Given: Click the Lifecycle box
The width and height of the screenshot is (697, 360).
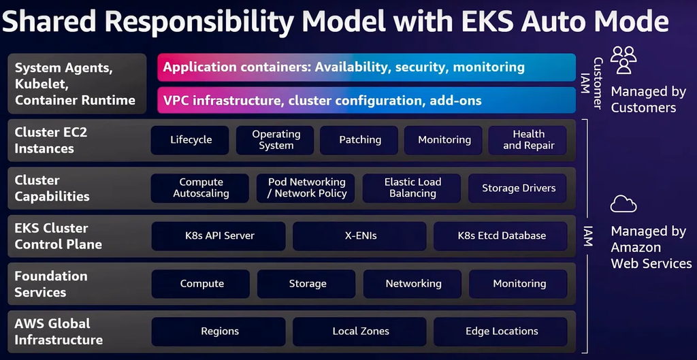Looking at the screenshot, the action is click(x=191, y=140).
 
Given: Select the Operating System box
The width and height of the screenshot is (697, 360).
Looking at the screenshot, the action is click(x=276, y=140).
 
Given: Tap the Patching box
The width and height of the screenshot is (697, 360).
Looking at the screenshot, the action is click(x=360, y=140).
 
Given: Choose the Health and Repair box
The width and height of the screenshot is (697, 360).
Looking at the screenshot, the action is click(x=528, y=140).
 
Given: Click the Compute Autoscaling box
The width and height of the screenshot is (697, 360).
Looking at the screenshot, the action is click(x=201, y=188).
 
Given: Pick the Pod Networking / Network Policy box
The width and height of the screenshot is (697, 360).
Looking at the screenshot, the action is click(x=306, y=188).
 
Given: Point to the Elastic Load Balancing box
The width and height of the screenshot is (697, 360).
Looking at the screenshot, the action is click(x=412, y=188).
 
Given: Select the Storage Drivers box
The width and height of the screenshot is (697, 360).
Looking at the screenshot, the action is click(x=519, y=188).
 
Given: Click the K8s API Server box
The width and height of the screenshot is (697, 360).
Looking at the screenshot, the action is click(x=220, y=236).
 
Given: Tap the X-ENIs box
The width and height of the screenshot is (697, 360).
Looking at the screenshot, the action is click(x=360, y=236).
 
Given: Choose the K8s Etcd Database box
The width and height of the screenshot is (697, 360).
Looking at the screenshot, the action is click(x=501, y=236).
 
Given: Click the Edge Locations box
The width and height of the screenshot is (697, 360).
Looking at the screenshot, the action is click(x=501, y=331).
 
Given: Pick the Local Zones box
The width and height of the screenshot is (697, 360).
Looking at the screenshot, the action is click(x=360, y=331).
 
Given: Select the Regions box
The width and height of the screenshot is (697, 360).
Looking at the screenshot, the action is click(x=220, y=331).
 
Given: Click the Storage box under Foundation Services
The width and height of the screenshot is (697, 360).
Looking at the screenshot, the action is click(x=307, y=284).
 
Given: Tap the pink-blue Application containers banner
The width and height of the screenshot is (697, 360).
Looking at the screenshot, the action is click(x=366, y=67).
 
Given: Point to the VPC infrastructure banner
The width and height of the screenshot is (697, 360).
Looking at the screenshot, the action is click(x=366, y=101).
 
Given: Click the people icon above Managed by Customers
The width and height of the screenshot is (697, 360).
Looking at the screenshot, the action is click(x=623, y=60).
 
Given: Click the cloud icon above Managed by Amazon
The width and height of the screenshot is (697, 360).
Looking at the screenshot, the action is click(x=623, y=203).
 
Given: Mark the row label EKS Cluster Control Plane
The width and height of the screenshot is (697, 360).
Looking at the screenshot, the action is click(x=59, y=236).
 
